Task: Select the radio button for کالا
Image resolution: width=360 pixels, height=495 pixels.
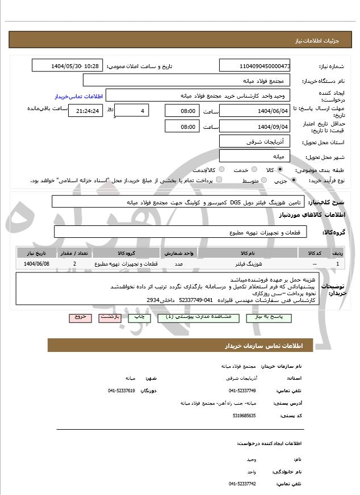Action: tap(280, 170)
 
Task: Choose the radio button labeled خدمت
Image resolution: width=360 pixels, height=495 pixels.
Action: tap(253, 170)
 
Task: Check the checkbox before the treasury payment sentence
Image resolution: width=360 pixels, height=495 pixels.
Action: tap(219, 181)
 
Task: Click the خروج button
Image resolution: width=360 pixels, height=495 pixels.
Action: tap(80, 317)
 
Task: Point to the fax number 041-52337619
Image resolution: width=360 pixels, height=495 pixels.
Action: tap(122, 391)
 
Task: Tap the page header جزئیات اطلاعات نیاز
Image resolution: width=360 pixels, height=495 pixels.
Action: tap(326, 41)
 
